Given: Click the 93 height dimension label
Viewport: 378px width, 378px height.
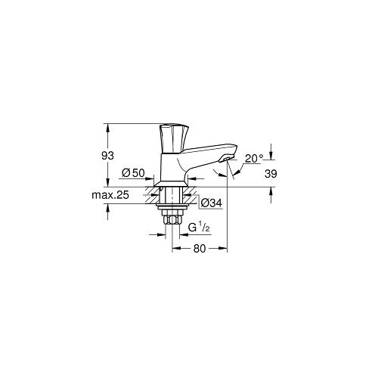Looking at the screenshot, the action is [107, 156].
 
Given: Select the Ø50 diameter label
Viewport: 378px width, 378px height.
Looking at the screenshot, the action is [133, 173].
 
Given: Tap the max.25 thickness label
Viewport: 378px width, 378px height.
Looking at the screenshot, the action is [110, 195].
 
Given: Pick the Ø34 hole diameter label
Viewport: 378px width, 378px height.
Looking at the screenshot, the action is [212, 203].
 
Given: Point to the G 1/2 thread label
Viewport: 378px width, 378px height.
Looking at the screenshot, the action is [199, 228].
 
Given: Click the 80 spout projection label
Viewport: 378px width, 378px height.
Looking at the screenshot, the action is [200, 249].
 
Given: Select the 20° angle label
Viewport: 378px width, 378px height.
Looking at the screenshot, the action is [254, 159].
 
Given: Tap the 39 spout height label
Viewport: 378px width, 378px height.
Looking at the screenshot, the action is [271, 174].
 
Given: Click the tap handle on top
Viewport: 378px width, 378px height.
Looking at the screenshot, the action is [174, 138].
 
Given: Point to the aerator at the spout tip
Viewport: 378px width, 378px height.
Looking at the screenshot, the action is [225, 160].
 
